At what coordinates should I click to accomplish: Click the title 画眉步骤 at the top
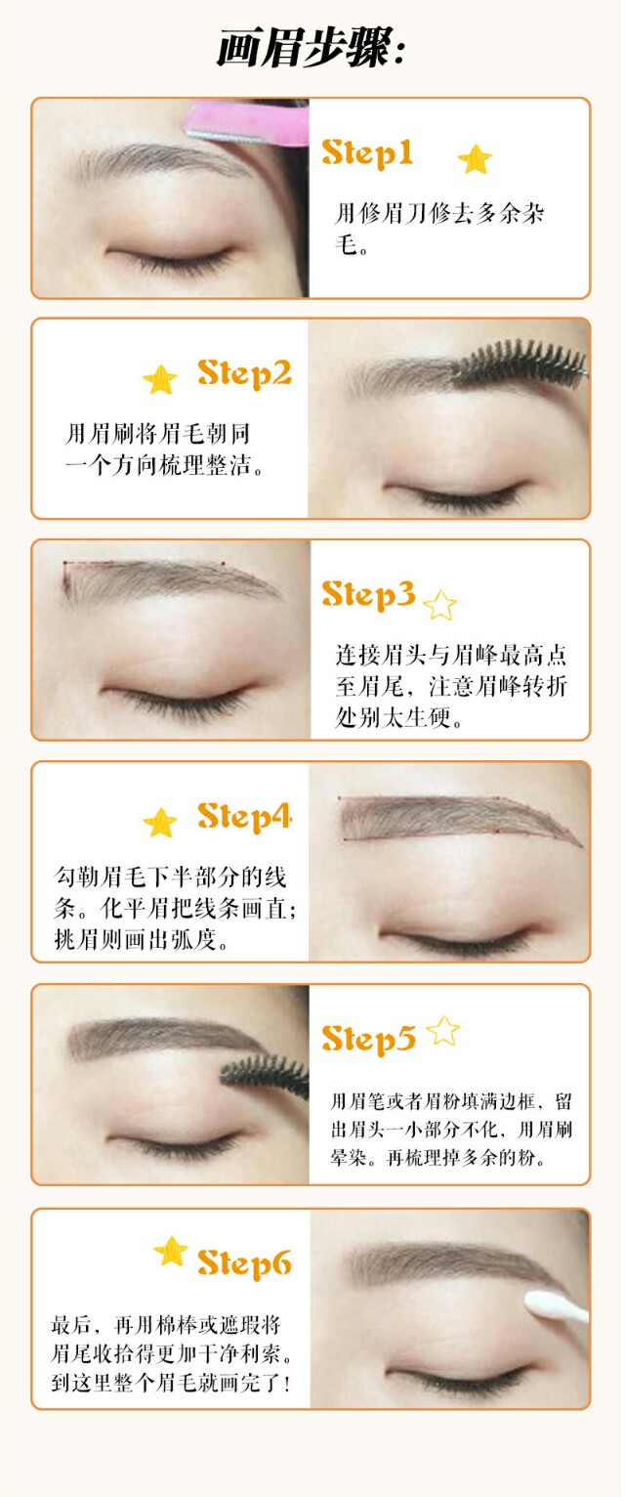pos(311,47)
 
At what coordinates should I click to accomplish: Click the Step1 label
pos(367,153)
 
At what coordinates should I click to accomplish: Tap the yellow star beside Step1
pos(475,158)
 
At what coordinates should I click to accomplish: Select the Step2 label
pos(244,373)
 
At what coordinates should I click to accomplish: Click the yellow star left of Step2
pos(160,379)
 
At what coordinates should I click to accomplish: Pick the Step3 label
pos(368,594)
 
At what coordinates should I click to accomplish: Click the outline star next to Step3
pos(440,606)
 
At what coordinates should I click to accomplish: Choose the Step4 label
pos(244,815)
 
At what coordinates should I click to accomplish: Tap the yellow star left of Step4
pos(160,823)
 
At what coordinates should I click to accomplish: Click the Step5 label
pos(368,1038)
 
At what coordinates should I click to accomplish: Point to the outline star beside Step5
pos(443,1031)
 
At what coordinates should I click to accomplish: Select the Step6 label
pos(244,1262)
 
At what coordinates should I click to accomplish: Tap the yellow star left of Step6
pos(171,1252)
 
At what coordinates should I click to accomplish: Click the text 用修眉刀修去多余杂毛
pos(439,228)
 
